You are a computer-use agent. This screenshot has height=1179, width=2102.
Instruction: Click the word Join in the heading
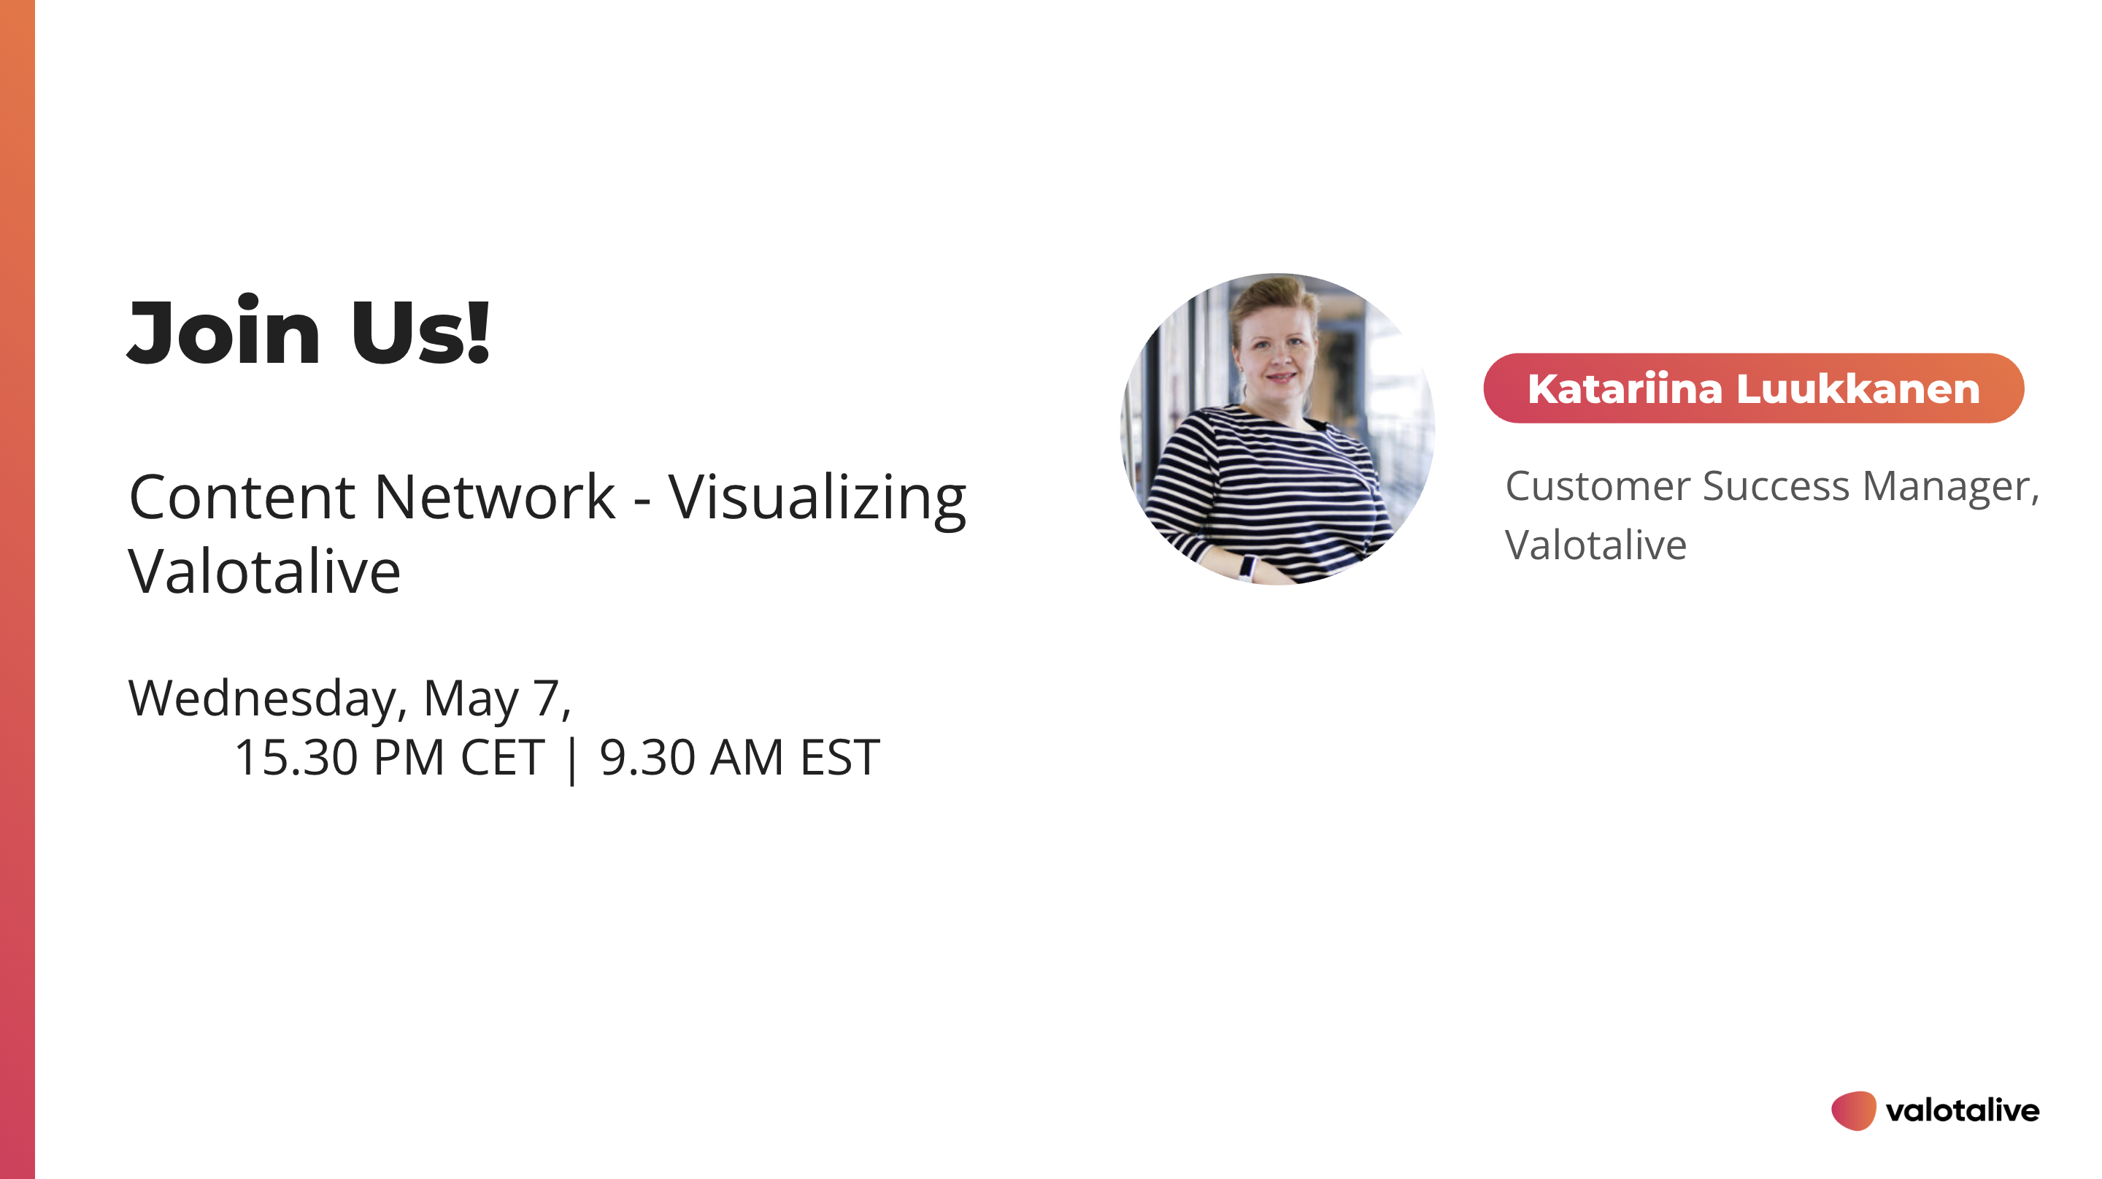tap(224, 331)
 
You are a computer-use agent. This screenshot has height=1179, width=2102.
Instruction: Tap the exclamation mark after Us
tap(478, 331)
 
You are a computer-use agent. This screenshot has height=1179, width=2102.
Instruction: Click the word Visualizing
tap(817, 499)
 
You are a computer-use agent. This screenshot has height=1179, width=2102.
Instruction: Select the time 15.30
tap(296, 757)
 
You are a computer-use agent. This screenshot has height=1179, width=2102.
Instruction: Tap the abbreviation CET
tap(502, 757)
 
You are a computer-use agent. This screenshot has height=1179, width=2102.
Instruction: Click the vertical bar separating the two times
tap(571, 759)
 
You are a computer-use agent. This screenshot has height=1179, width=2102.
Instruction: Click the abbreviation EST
tap(839, 757)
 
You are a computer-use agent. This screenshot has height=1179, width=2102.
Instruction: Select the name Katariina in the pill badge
tap(1624, 388)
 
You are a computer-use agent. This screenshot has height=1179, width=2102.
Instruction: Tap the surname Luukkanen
tap(1858, 388)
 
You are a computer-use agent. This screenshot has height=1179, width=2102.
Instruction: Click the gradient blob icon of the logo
tap(1854, 1110)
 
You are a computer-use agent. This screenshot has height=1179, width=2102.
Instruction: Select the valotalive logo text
tap(1963, 1110)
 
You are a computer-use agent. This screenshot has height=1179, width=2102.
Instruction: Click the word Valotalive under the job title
tap(1595, 545)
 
